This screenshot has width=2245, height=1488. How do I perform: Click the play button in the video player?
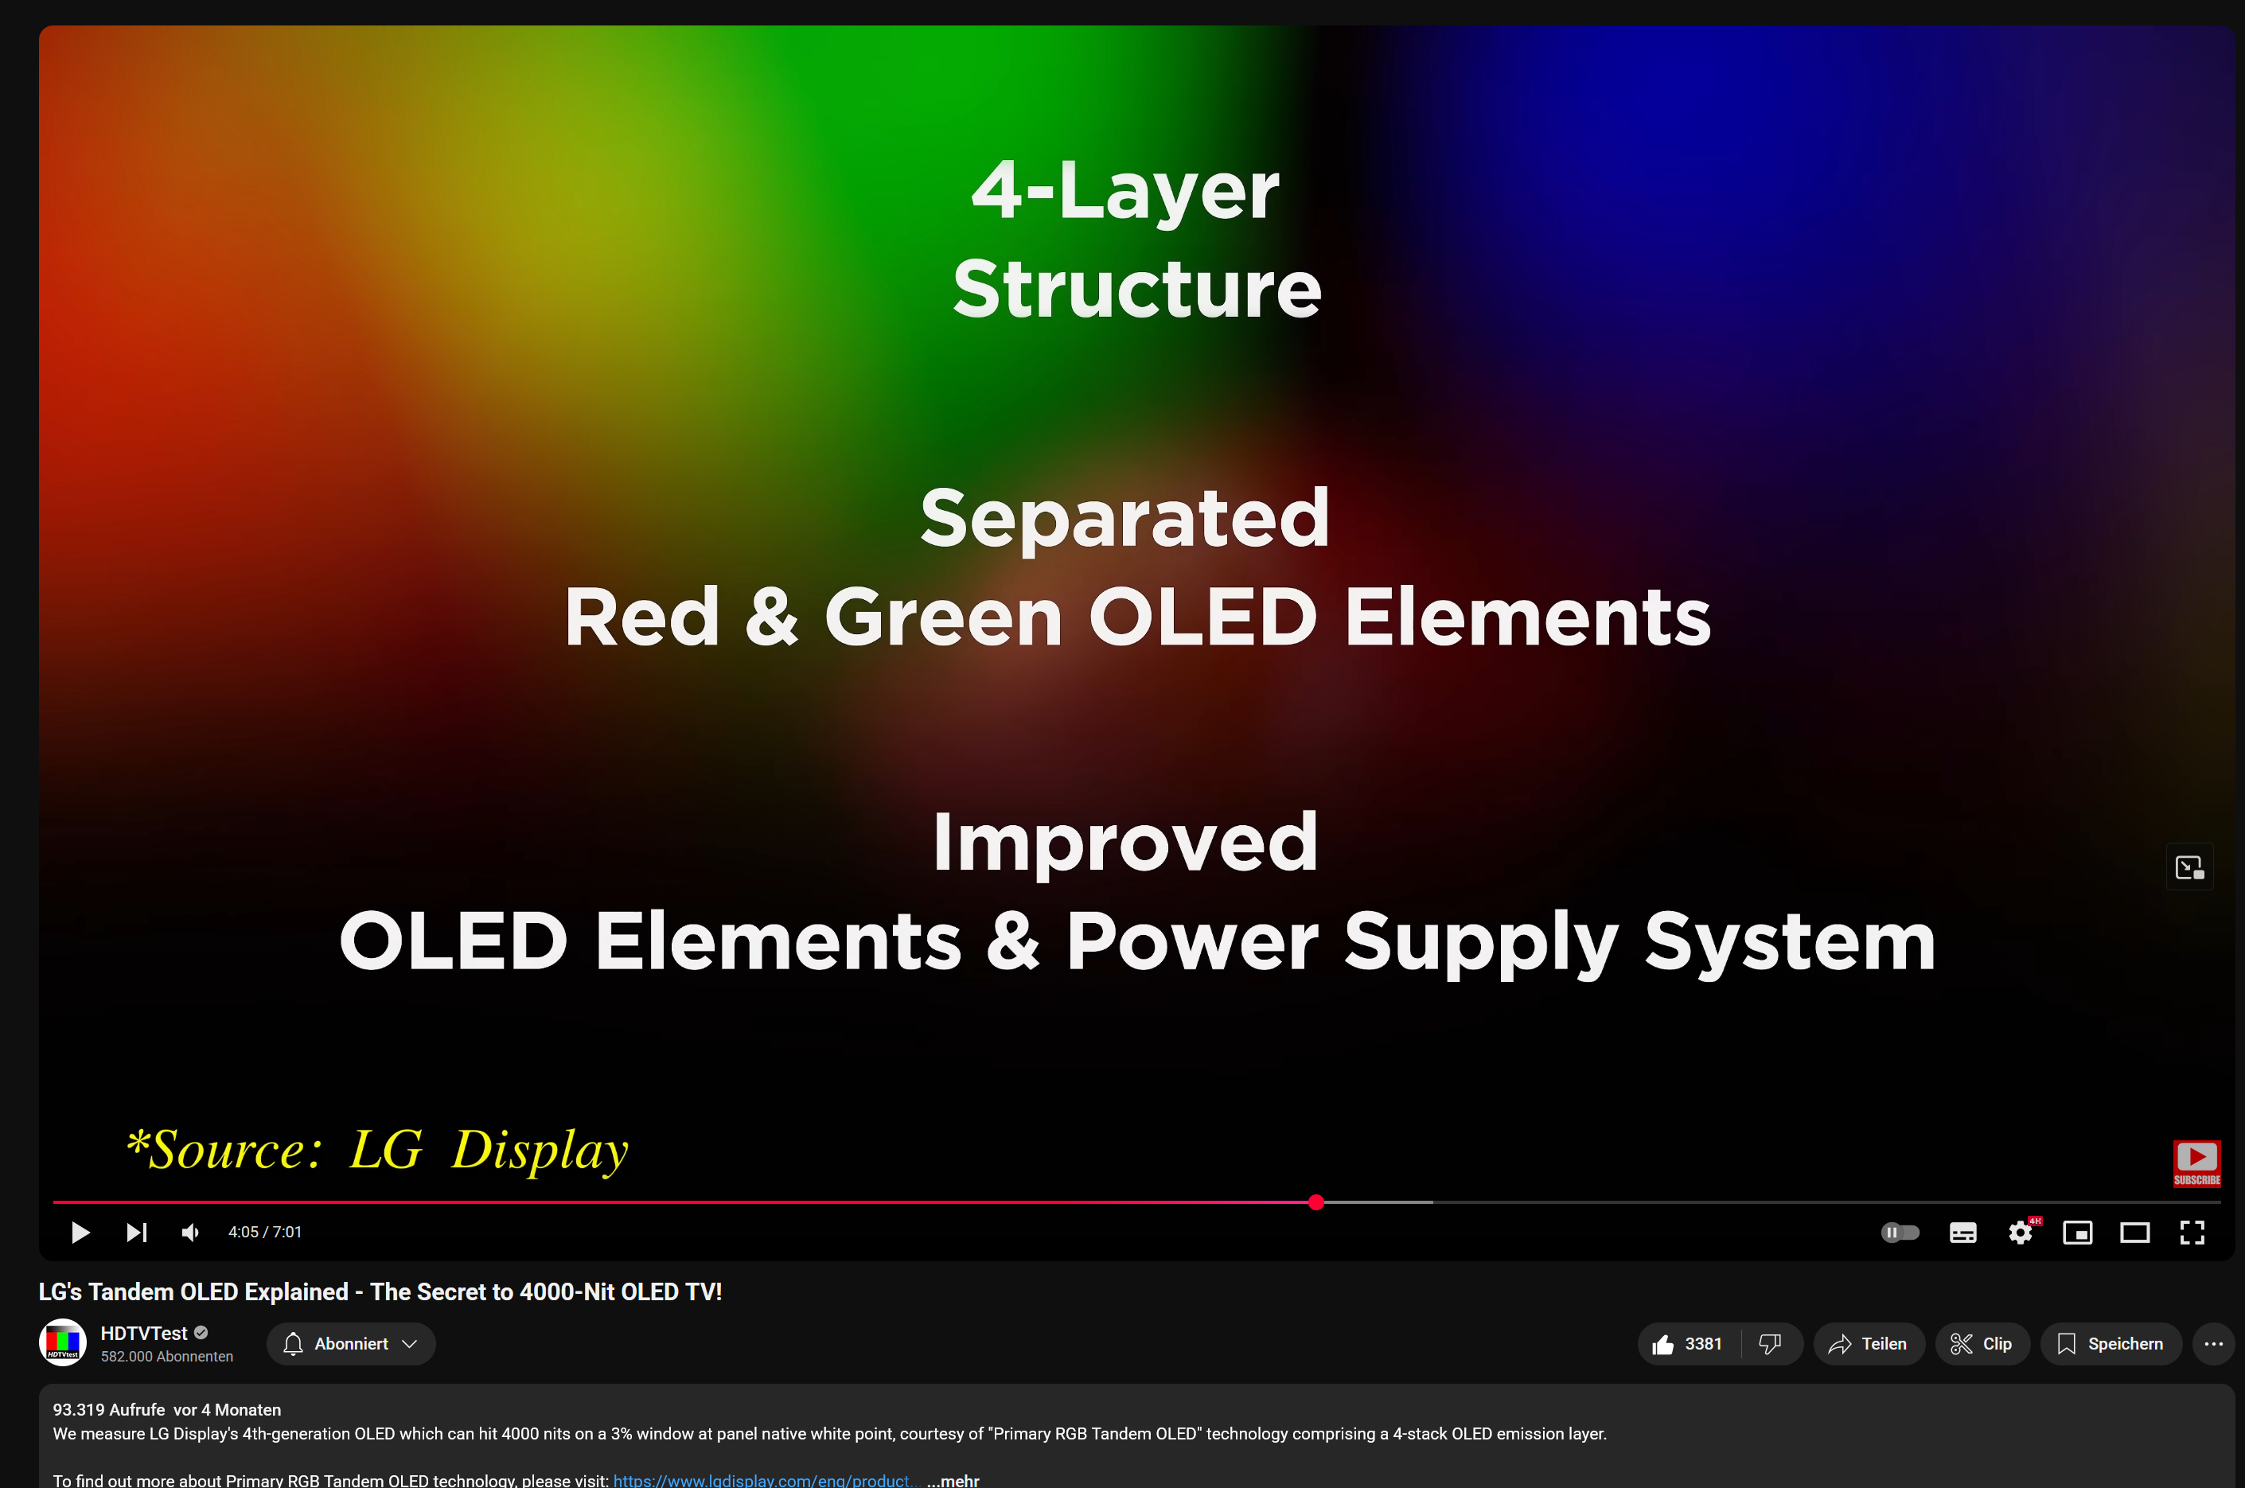[80, 1232]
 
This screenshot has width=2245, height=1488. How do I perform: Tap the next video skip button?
[137, 1232]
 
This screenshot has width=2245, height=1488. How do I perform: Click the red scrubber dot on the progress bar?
[1316, 1202]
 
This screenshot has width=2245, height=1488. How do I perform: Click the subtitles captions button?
[1963, 1232]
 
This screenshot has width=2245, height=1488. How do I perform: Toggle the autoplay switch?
[1900, 1232]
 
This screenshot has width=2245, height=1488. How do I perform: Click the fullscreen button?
[2192, 1232]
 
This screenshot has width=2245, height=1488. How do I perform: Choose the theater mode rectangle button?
[2135, 1232]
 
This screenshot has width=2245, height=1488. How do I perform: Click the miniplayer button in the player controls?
[2078, 1232]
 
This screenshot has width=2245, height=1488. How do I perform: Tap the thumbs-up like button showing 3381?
[1689, 1344]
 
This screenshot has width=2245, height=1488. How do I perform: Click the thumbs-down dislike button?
[1771, 1344]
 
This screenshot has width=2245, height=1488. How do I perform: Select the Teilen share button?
[1869, 1344]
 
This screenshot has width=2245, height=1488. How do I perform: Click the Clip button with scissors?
[1982, 1344]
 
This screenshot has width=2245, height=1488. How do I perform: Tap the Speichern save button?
[2111, 1344]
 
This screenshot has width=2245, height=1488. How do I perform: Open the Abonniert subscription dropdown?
[351, 1344]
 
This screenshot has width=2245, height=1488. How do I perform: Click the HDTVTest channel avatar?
[63, 1343]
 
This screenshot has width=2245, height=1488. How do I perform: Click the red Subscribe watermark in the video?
[2196, 1163]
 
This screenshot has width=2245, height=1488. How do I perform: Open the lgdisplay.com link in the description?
[765, 1479]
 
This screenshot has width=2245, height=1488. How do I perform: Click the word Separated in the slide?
[1124, 518]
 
